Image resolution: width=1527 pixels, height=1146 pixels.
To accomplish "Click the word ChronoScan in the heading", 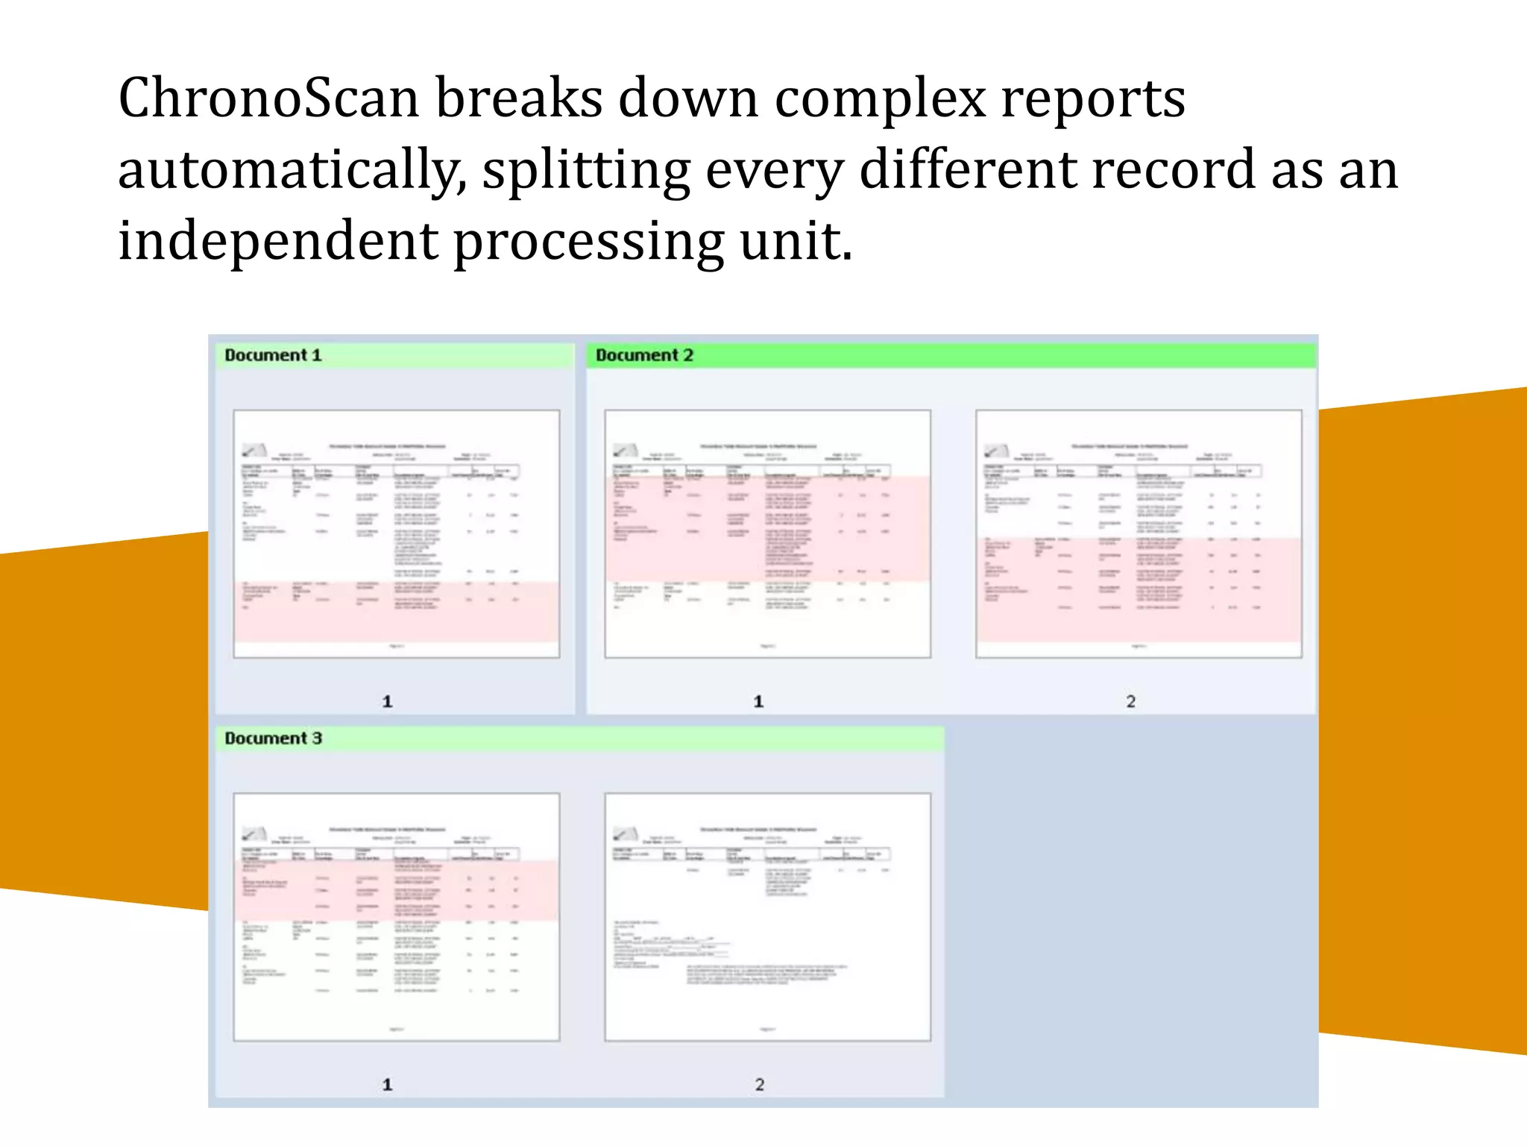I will (269, 98).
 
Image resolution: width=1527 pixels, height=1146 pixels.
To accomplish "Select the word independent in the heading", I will (278, 242).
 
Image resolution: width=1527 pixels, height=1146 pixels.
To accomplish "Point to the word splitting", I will (586, 170).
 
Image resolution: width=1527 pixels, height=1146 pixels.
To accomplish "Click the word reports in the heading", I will (1092, 98).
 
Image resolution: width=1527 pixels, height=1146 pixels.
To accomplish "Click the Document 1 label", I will (273, 355).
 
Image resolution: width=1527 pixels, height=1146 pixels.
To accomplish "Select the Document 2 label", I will (644, 355).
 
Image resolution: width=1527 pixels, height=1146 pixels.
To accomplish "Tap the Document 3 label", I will (273, 738).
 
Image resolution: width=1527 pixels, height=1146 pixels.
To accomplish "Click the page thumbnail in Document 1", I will (396, 533).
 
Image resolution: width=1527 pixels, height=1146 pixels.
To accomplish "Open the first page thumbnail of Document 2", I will (767, 533).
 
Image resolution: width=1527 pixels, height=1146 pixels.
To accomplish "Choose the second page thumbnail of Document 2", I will (1139, 533).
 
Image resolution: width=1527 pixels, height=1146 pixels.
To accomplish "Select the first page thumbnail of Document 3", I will (396, 917).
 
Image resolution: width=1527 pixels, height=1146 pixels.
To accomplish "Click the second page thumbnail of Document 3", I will (767, 917).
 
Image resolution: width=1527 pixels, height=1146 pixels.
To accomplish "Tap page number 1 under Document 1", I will (387, 701).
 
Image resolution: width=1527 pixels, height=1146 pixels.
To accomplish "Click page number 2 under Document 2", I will (1130, 701).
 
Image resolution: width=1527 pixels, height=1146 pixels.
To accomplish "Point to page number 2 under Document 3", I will (759, 1085).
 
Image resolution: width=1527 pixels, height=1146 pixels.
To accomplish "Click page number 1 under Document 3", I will (387, 1085).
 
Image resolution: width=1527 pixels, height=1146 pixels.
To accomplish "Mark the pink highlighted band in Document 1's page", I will (396, 612).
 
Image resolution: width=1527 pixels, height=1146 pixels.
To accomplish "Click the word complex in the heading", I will (880, 98).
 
